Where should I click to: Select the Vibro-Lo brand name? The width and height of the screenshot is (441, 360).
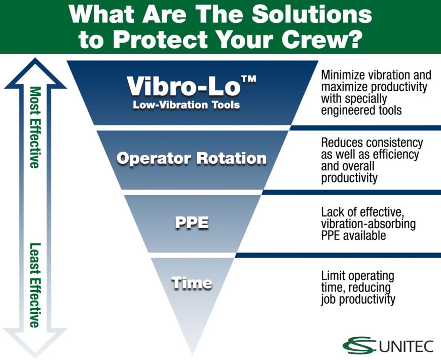coord(183,87)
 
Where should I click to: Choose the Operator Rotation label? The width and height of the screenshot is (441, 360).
coord(191,158)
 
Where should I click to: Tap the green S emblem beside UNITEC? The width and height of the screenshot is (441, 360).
coord(360,345)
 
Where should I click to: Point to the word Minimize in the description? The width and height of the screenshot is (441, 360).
coord(341,75)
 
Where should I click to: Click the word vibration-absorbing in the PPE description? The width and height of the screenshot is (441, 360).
coord(361,224)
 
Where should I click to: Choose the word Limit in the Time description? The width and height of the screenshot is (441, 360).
coord(332,276)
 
